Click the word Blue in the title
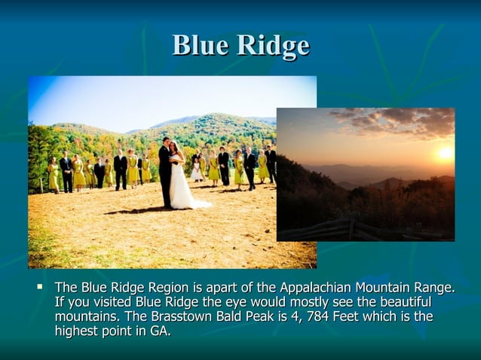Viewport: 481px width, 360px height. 201,46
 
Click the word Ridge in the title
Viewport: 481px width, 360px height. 273,47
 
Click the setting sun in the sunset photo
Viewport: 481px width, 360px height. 444,153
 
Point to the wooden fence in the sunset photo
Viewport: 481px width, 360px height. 339,228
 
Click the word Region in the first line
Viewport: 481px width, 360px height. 173,288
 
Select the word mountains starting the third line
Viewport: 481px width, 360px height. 85,316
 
